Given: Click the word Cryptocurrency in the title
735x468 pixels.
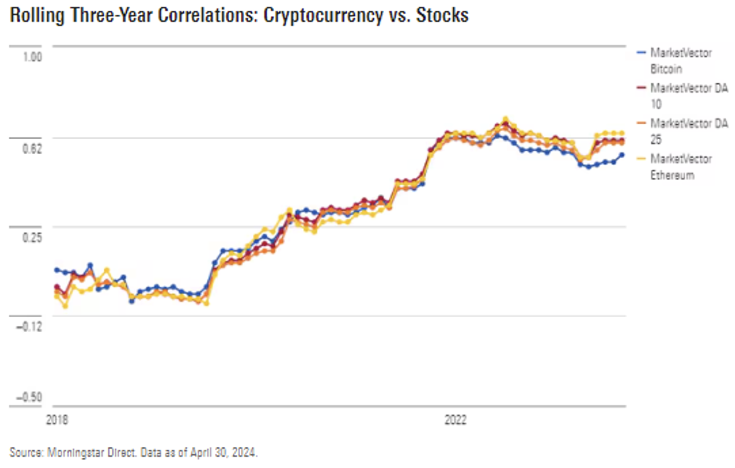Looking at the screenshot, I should (x=323, y=15).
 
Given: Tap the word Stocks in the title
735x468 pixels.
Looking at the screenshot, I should (x=442, y=15).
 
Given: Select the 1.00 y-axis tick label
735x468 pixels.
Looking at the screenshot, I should (x=32, y=57).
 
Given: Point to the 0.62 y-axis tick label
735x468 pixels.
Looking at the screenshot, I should (x=32, y=149).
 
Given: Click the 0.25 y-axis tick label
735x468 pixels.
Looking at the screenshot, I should (x=32, y=238).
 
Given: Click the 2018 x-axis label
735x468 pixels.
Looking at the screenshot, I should (x=57, y=420).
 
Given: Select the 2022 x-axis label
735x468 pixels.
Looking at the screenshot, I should (x=455, y=420).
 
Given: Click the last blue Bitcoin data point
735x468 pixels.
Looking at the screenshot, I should (x=622, y=155).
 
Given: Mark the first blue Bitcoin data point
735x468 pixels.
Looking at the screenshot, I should (x=57, y=270).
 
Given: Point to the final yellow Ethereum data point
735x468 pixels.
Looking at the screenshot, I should (x=622, y=133).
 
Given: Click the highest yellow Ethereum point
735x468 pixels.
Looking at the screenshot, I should (x=505, y=119).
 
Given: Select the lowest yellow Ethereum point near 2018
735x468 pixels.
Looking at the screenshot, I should (x=66, y=306).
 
